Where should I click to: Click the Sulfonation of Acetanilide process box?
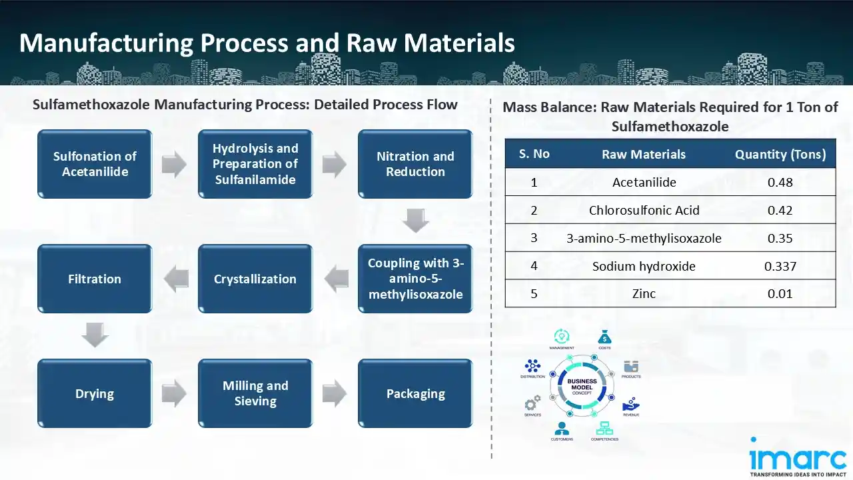95,164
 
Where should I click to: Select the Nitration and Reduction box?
415,164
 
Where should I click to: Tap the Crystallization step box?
255,279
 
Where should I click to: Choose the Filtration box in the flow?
95,279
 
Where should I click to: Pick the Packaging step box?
415,393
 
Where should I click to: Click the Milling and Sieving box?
255,393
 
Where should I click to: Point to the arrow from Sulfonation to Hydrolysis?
174,165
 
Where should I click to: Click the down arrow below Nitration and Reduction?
415,221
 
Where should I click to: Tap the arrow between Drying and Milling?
174,393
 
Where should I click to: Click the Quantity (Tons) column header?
780,155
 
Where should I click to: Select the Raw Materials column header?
643,155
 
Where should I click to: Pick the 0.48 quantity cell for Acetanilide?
780,182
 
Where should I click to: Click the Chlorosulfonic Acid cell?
644,210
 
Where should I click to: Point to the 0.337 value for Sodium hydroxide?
780,266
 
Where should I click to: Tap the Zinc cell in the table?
644,293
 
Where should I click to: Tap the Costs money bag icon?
604,337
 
